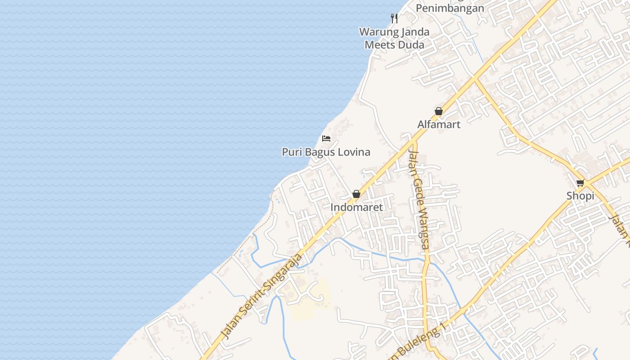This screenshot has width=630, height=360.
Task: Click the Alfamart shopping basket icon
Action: (x=439, y=111)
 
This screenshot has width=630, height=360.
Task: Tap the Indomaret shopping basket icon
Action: (x=356, y=194)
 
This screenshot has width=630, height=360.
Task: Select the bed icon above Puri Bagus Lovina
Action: (x=326, y=138)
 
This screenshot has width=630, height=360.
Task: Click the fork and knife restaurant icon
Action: (x=394, y=18)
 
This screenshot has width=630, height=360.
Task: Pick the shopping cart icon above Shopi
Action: (x=580, y=183)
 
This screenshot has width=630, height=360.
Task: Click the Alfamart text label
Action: (x=439, y=124)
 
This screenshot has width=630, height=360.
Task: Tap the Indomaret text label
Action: (x=356, y=207)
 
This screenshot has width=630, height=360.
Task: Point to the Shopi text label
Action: (x=580, y=196)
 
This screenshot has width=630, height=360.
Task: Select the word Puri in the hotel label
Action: (x=292, y=152)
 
